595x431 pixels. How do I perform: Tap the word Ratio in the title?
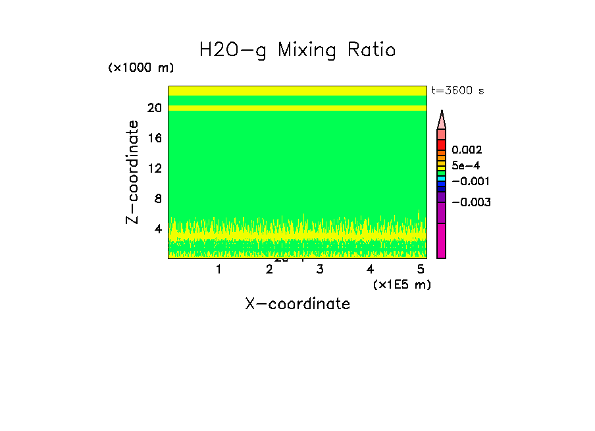373,49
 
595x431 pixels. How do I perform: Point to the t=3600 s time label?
457,91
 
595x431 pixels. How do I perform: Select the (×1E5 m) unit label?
401,284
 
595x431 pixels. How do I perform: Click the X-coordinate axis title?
297,304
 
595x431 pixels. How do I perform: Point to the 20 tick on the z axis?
155,108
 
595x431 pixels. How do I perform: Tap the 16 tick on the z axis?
155,138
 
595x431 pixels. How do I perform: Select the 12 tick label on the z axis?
155,168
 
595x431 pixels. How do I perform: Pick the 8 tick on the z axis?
157,198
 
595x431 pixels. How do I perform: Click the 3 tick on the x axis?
320,269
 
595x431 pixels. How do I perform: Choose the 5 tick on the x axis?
421,269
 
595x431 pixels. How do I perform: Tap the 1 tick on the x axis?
219,269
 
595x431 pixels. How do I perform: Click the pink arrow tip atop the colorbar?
442,119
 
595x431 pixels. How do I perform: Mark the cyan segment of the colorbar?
442,179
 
